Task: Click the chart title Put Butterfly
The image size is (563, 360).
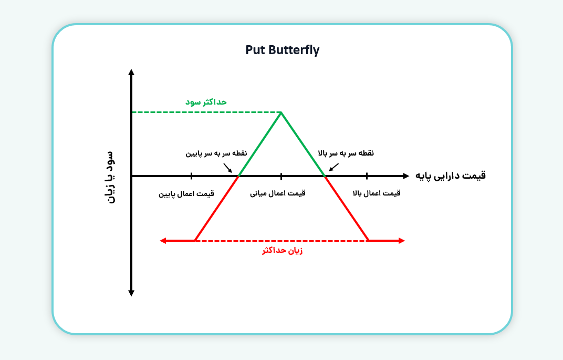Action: [x=282, y=50]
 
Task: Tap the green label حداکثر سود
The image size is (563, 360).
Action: [x=206, y=102]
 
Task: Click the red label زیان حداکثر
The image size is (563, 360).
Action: [x=282, y=250]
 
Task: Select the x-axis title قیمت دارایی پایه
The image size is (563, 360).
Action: [x=450, y=176]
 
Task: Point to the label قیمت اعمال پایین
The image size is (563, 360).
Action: [x=186, y=194]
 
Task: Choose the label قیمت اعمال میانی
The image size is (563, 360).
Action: [x=277, y=193]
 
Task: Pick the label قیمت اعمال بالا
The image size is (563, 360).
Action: [x=376, y=193]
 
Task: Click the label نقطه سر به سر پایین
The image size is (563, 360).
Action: [x=216, y=153]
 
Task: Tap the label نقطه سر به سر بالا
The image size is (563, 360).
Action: [x=346, y=153]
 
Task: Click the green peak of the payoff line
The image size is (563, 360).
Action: [x=281, y=113]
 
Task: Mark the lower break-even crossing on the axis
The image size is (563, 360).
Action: [x=238, y=176]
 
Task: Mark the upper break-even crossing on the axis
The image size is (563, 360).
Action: [x=325, y=176]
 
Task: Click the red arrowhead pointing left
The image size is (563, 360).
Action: [x=163, y=241]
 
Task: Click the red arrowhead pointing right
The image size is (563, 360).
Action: [x=402, y=241]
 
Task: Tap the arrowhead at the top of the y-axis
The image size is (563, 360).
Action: [x=131, y=72]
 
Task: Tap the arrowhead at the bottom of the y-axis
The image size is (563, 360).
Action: [x=131, y=293]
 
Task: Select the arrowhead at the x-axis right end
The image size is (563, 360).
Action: [x=406, y=176]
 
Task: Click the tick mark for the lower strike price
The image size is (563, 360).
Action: [x=191, y=176]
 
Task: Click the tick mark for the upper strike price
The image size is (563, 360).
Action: [x=367, y=176]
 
